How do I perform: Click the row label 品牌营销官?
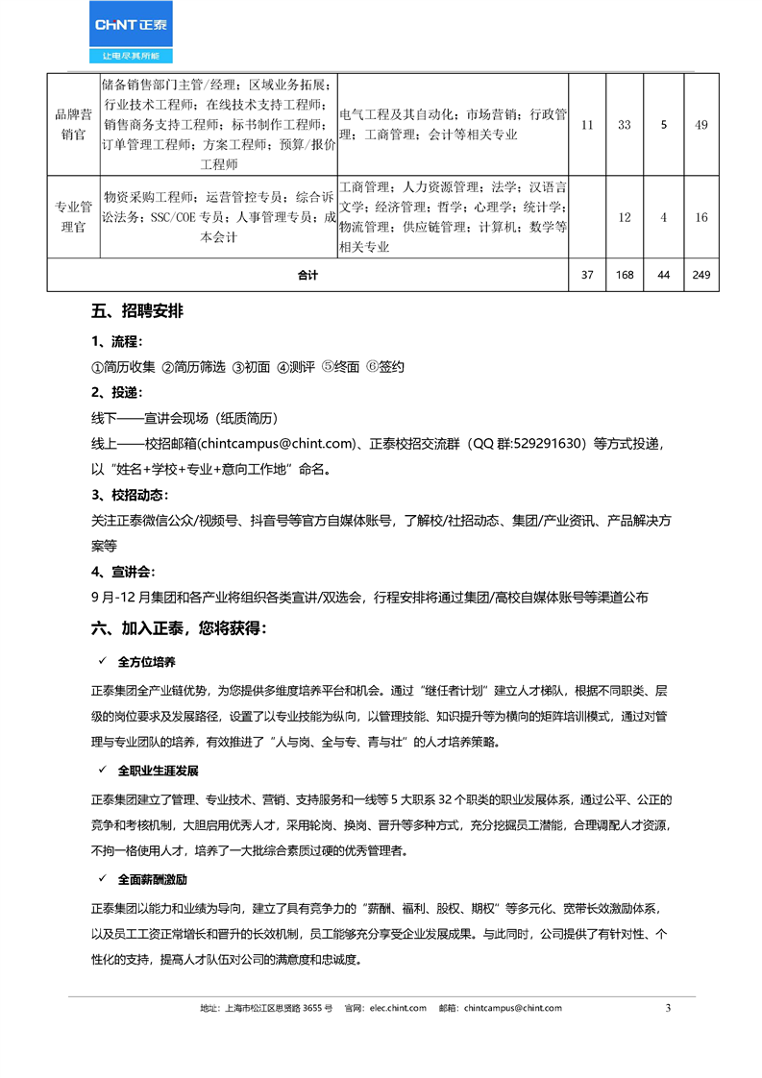(x=72, y=125)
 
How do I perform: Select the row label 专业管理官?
(x=72, y=217)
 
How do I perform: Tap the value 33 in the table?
(x=625, y=125)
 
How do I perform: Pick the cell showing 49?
(x=701, y=125)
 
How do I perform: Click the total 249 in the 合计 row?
(x=701, y=276)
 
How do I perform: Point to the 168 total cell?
(x=625, y=276)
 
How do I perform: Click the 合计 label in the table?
(x=307, y=276)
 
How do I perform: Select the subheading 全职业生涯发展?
(x=159, y=771)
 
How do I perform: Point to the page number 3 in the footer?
(x=669, y=1008)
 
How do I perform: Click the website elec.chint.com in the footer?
(x=397, y=1008)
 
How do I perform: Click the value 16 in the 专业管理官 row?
(x=701, y=217)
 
